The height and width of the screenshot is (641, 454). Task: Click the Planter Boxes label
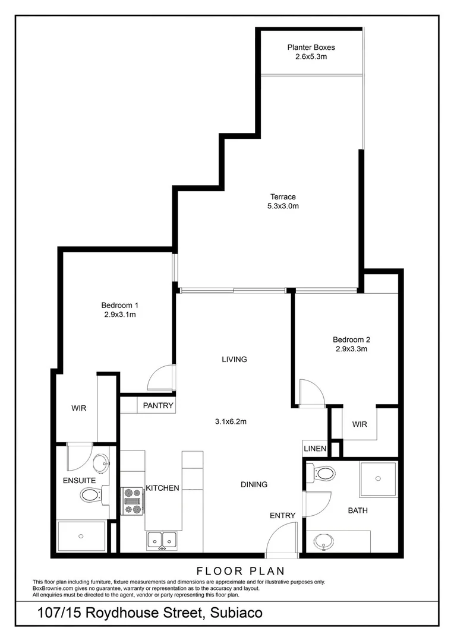tap(311, 47)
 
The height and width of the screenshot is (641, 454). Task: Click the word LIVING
tap(234, 360)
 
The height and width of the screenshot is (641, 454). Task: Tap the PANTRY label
tap(158, 406)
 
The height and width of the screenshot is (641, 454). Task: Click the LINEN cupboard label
tap(315, 449)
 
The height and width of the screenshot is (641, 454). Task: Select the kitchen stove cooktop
tap(133, 500)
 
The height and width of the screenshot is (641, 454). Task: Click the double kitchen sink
tap(162, 540)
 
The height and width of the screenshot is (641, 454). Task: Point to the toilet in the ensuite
tap(90, 494)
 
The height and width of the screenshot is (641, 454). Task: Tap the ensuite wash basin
tap(100, 463)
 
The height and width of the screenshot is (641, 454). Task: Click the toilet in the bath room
tap(323, 473)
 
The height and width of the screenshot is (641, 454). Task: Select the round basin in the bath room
tap(324, 541)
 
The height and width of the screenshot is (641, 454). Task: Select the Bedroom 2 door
tap(311, 392)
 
